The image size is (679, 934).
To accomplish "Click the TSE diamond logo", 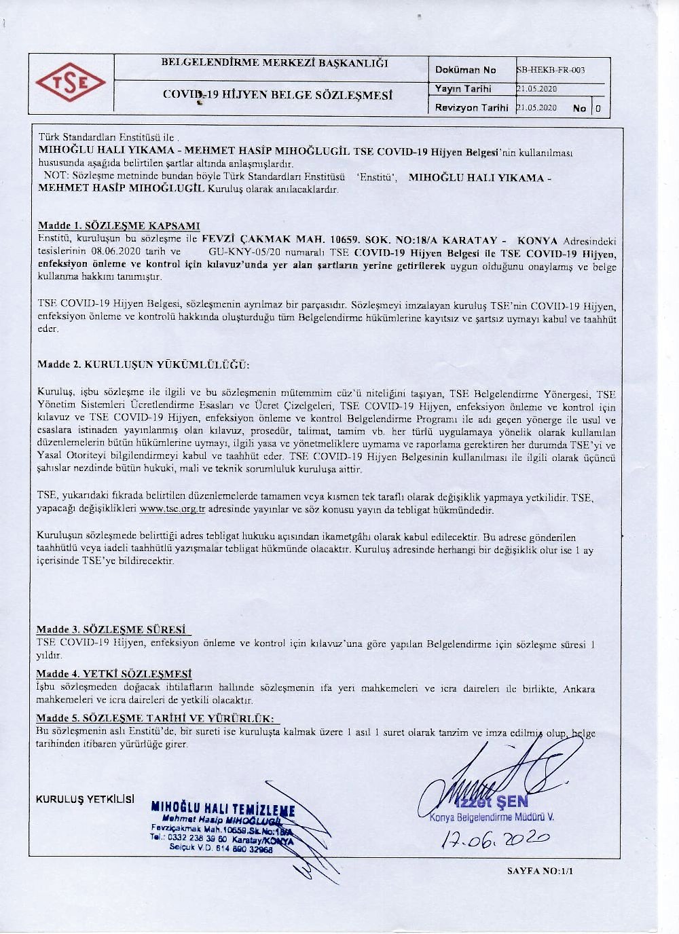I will (71, 83).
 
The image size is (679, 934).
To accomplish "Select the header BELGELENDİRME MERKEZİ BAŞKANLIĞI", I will (274, 63).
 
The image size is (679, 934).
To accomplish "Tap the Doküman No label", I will (465, 70).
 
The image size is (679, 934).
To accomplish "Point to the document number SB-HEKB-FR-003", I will (551, 70).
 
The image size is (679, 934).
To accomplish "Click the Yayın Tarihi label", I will (463, 89).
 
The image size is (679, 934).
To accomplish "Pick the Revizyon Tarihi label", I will (471, 108).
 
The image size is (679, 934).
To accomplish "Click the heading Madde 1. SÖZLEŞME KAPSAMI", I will (119, 226).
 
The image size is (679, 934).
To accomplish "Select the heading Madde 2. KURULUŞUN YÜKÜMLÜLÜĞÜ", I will (143, 365).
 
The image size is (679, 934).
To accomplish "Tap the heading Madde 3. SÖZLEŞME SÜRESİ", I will (113, 629).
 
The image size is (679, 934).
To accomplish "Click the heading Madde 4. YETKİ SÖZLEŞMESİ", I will (114, 674).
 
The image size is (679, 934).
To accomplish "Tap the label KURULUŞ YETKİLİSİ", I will (85, 800).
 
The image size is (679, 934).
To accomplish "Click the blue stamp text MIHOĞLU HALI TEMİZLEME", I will (223, 809).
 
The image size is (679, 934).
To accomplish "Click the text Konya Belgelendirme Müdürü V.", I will (492, 817).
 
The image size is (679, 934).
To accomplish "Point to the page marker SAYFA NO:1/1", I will (540, 871).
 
